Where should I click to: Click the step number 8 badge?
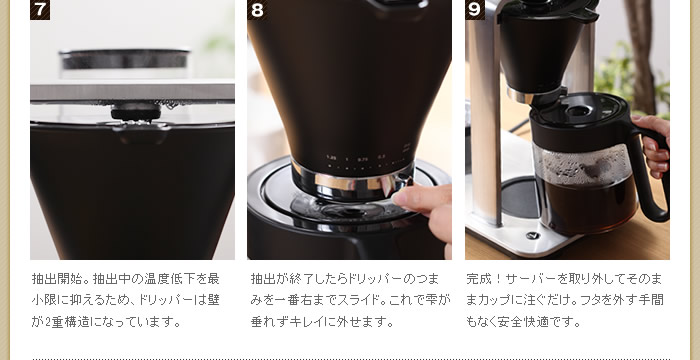pos(257,10)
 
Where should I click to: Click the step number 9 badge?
pos(474,10)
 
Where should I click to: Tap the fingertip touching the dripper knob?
pos(403,197)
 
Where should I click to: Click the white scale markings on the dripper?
pos(365,156)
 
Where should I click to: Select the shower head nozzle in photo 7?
pos(135,112)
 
